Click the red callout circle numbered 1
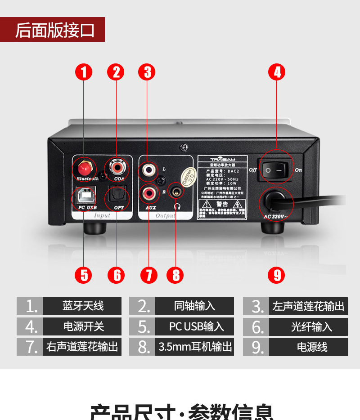[x=84, y=72]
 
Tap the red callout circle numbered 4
[x=277, y=72]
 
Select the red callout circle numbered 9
[x=277, y=275]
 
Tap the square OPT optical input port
[x=117, y=196]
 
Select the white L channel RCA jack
[x=148, y=170]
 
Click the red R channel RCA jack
[x=149, y=194]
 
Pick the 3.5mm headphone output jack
[x=175, y=192]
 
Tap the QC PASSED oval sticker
[x=189, y=177]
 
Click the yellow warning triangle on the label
[x=202, y=205]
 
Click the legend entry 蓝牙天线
[x=82, y=306]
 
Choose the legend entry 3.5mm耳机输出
[x=195, y=347]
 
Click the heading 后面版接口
[x=54, y=30]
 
